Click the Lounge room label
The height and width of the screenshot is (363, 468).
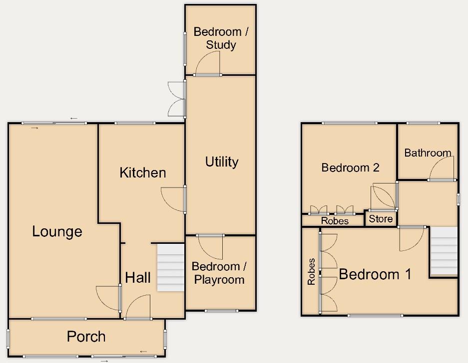pos(57,231)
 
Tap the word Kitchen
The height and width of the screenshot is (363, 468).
pos(143,173)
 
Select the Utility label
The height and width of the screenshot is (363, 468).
pos(222,162)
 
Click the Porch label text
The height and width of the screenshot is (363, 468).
pos(86,337)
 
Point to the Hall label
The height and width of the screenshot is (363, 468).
pos(138,278)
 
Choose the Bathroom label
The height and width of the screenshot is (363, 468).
pos(428,153)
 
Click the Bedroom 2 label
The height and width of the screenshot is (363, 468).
pos(350,168)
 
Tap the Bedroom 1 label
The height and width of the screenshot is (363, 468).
pos(375,274)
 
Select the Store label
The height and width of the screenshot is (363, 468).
pos(381,219)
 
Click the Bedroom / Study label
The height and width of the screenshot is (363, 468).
pos(221,38)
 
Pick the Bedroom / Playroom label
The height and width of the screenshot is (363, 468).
pos(218,273)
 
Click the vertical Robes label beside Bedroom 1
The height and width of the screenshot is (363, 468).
pos(312,272)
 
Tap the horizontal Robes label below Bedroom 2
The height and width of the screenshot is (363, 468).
pos(335,220)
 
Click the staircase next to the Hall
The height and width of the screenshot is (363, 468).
pos(170,268)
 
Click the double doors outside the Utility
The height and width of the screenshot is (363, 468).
pos(176,99)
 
